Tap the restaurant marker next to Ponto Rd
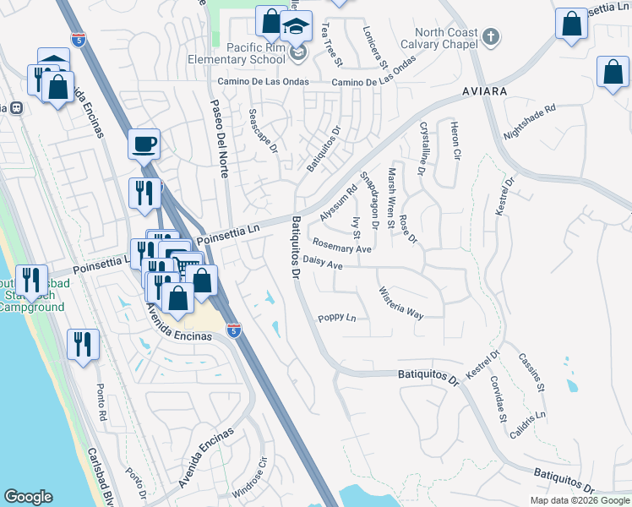[x=84, y=345]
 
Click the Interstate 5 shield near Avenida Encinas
[x=234, y=329]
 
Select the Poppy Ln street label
[x=337, y=319]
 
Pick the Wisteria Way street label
[x=400, y=301]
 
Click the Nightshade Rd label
[x=530, y=123]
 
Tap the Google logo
[x=28, y=497]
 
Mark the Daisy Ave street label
[x=322, y=264]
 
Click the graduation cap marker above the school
[x=296, y=26]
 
